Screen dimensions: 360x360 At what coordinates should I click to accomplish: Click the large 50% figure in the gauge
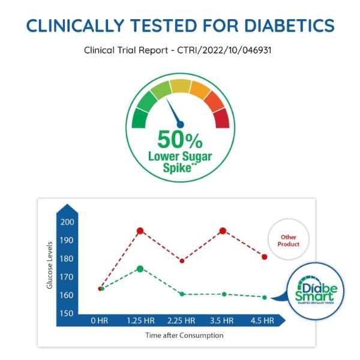coord(179,139)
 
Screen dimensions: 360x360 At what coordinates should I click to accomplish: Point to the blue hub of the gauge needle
coord(180,124)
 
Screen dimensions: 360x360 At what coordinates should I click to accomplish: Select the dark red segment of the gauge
coord(221,118)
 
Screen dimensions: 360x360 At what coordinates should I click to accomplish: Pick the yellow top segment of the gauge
coord(180,86)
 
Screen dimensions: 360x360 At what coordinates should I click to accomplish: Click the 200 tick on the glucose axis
coord(67,222)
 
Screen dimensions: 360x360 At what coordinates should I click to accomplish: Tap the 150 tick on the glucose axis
coord(67,313)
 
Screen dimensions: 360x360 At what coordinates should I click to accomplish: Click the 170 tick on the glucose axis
coord(67,277)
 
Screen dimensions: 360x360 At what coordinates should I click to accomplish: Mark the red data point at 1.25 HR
coord(140,231)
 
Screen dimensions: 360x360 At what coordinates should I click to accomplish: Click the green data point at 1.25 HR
coord(140,269)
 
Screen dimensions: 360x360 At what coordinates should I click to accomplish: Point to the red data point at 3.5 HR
coord(223,231)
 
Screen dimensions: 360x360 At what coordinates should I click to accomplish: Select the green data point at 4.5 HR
coord(264,297)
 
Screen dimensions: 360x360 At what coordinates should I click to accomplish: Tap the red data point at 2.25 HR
coord(182,260)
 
